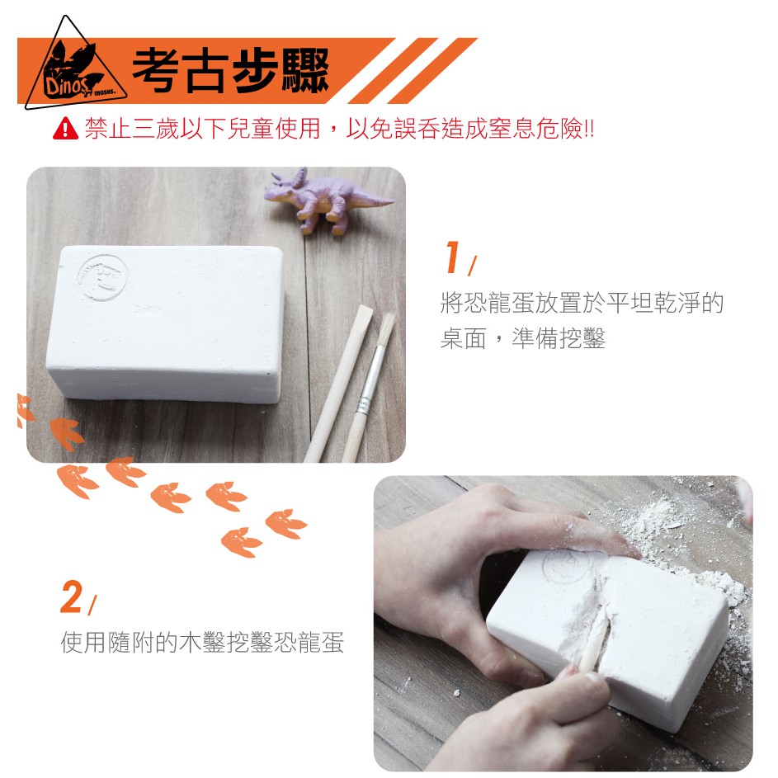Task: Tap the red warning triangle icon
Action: (x=65, y=128)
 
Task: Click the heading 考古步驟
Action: (x=230, y=71)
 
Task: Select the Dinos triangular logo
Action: (x=74, y=64)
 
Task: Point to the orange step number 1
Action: (x=452, y=257)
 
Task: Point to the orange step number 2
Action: (x=72, y=596)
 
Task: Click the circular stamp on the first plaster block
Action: (x=102, y=278)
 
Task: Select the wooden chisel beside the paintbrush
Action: (x=338, y=383)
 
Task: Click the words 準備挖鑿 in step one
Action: (x=559, y=338)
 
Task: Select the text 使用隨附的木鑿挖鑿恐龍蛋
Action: (x=202, y=642)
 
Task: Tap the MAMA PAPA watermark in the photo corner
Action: (x=676, y=755)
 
